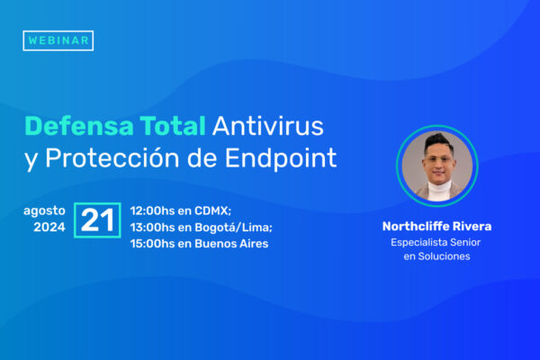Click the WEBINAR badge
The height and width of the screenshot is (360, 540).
pos(58,40)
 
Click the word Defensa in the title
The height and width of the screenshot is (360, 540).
pos(79,126)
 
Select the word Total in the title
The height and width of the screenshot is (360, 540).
pos(173,126)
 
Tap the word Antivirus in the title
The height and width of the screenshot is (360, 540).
pos(268,126)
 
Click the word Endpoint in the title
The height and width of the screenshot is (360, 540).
pos(281,158)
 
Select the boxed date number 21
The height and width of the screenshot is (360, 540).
pos(97,220)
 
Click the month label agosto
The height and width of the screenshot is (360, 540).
pos(44,211)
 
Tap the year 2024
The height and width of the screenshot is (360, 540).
pos(49,227)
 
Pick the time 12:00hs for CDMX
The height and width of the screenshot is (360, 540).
pos(152,211)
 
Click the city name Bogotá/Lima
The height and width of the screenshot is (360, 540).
pos(233,228)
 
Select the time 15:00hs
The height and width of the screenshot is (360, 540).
pos(152,244)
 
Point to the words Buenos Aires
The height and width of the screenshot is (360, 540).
pos(231,244)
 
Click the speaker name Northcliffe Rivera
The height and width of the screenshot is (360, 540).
pos(436,226)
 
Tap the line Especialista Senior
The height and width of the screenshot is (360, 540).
pos(436,242)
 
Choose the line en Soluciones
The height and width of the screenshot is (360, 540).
pos(436,256)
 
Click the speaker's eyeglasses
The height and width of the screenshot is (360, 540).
pos(438,159)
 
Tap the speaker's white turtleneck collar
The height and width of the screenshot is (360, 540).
pos(439,190)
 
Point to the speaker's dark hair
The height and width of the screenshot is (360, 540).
pos(438,141)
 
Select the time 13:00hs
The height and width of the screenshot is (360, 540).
pos(152,228)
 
